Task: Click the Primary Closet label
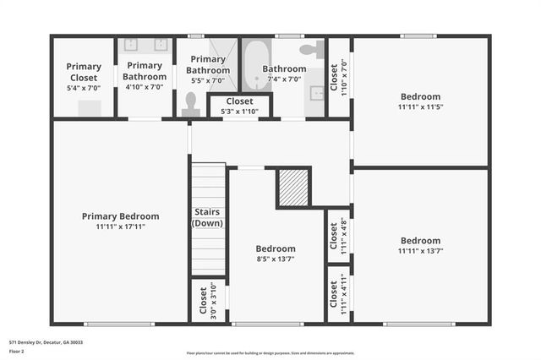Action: pyautogui.click(x=84, y=72)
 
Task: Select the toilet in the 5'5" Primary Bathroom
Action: pyautogui.click(x=189, y=103)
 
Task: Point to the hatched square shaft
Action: pyautogui.click(x=293, y=188)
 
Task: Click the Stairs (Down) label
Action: pyautogui.click(x=207, y=217)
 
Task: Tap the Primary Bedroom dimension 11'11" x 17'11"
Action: pyautogui.click(x=120, y=226)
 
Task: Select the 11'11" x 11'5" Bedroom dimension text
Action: pyautogui.click(x=420, y=107)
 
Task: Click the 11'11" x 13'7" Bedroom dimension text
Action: pyautogui.click(x=420, y=251)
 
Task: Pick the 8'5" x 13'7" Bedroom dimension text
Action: pyautogui.click(x=276, y=259)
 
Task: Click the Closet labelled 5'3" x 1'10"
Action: pyautogui.click(x=239, y=106)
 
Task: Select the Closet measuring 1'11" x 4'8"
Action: pyautogui.click(x=337, y=236)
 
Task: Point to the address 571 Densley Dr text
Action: pyautogui.click(x=46, y=342)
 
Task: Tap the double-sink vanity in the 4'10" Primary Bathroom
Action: pyautogui.click(x=144, y=45)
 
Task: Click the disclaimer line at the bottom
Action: pyautogui.click(x=270, y=353)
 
